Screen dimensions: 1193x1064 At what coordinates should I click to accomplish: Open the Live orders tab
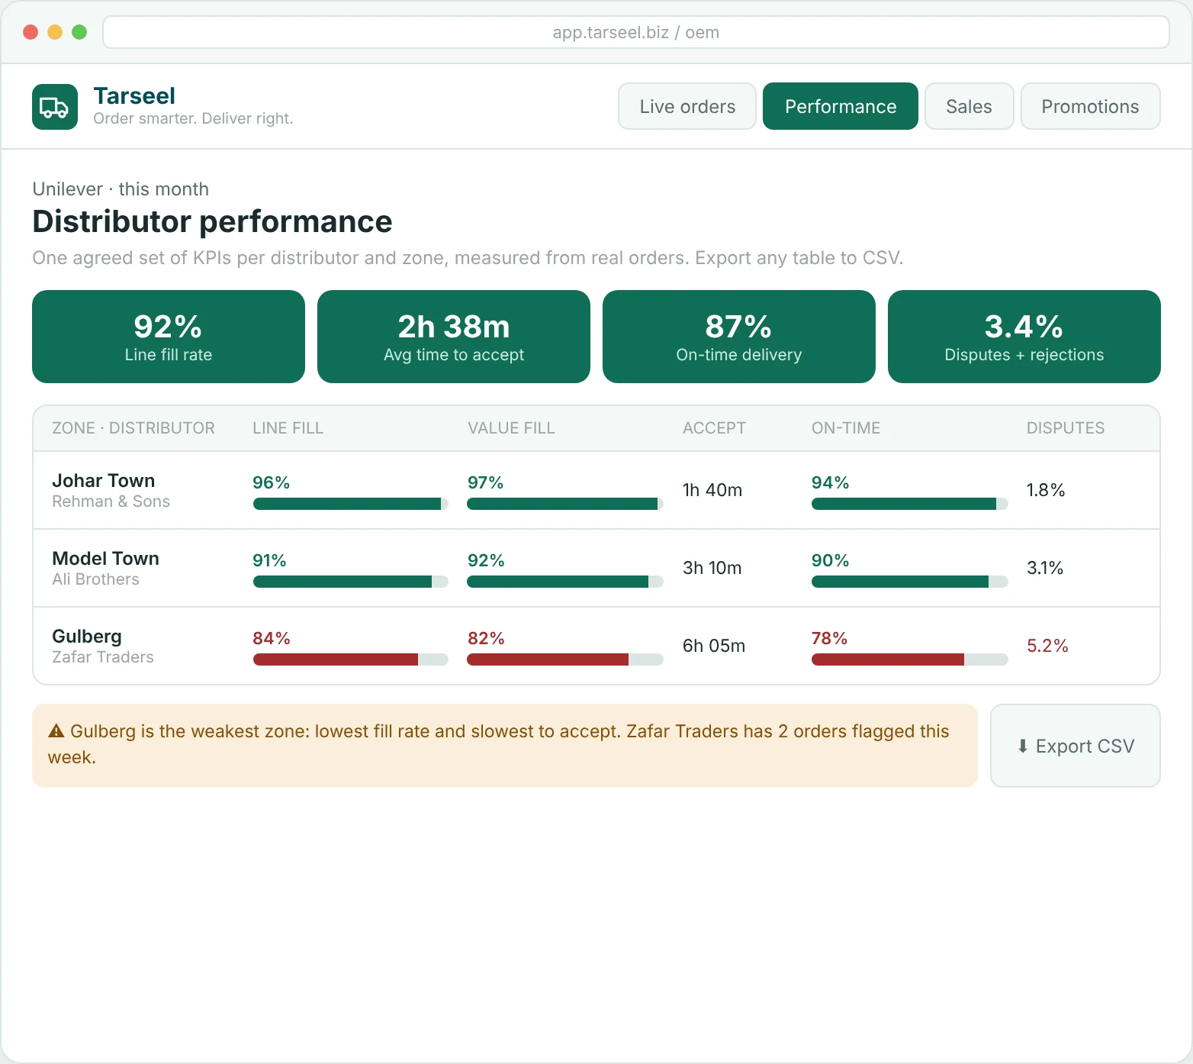click(687, 106)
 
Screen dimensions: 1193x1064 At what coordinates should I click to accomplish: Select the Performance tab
click(841, 106)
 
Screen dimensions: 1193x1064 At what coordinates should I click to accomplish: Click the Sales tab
click(969, 106)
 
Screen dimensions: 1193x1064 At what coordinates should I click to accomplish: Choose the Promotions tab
click(1090, 106)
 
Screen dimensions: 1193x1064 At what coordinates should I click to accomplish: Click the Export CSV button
click(1076, 746)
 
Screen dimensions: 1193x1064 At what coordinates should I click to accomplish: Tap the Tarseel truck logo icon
click(55, 107)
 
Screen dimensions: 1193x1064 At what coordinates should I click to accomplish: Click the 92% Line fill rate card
click(169, 337)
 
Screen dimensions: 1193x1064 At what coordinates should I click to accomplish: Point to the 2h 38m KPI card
click(454, 337)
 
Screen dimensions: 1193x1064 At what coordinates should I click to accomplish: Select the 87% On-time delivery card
click(739, 337)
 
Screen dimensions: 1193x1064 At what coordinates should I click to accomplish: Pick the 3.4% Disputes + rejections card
click(1024, 337)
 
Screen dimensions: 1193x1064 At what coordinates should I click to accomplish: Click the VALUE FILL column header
click(511, 428)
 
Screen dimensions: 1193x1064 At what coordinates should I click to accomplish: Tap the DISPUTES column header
click(1066, 428)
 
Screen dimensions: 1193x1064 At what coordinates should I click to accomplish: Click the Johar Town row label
click(104, 481)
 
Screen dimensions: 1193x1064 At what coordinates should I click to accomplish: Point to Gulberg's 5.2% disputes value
click(1047, 646)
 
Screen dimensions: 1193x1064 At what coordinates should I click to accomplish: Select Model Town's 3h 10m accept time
click(712, 568)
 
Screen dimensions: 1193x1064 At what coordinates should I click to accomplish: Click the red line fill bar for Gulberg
click(336, 659)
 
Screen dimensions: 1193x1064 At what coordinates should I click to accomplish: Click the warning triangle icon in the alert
click(56, 731)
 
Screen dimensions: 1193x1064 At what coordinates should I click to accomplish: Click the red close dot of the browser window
click(31, 32)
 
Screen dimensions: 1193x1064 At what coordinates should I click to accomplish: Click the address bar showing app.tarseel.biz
click(636, 32)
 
